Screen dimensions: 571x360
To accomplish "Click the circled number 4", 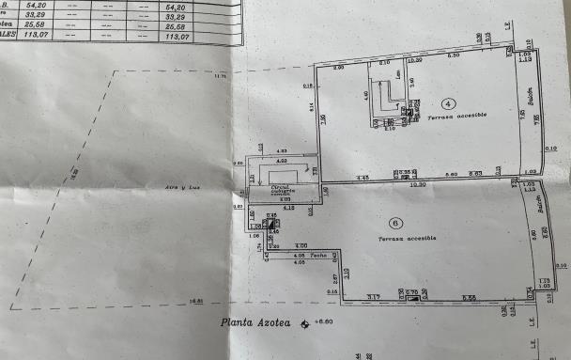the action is click(448, 102).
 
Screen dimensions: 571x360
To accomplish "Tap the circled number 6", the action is click(396, 223).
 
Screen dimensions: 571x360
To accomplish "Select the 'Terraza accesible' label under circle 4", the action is click(455, 117).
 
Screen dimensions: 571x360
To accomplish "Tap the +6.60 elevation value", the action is click(324, 322).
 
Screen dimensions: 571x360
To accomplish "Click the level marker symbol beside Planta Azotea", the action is click(303, 323).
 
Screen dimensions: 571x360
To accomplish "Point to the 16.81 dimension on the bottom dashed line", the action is click(195, 302).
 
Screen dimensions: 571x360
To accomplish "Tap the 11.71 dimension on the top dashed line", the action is click(222, 75).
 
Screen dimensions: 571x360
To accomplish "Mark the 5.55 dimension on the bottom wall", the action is click(470, 298).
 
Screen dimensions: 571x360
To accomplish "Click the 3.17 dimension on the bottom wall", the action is click(373, 298).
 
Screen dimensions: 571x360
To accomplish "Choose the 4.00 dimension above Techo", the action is click(301, 245).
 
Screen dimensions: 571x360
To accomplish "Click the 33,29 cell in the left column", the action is click(38, 16).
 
